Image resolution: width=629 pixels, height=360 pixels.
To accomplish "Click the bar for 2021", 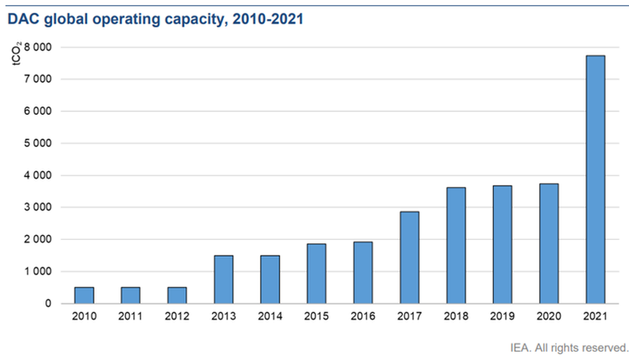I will [x=595, y=179].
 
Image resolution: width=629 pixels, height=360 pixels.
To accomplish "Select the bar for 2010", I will [x=84, y=295].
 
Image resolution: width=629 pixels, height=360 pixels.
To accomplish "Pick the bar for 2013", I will [x=223, y=279].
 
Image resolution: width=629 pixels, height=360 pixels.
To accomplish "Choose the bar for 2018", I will [x=455, y=245].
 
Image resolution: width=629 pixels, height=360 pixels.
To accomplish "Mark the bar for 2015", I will [x=316, y=273].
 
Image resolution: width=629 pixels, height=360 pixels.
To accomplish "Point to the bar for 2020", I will [x=548, y=243].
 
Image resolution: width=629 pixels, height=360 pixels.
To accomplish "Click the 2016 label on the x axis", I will [x=362, y=316].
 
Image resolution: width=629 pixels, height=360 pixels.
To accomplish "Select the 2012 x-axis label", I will [x=177, y=316].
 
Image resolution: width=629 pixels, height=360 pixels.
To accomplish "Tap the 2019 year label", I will [x=502, y=316].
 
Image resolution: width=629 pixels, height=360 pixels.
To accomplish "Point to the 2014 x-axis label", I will [x=270, y=316].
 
